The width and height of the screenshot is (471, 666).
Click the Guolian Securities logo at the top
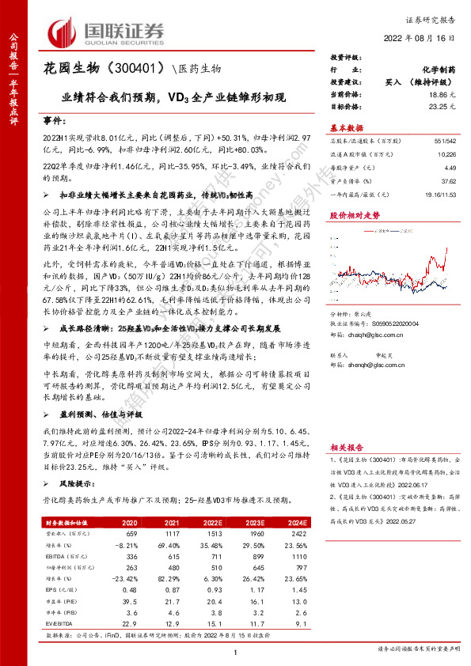(x=106, y=32)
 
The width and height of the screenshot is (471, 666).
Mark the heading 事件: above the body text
(x=55, y=118)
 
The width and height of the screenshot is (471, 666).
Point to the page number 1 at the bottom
(x=236, y=650)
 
